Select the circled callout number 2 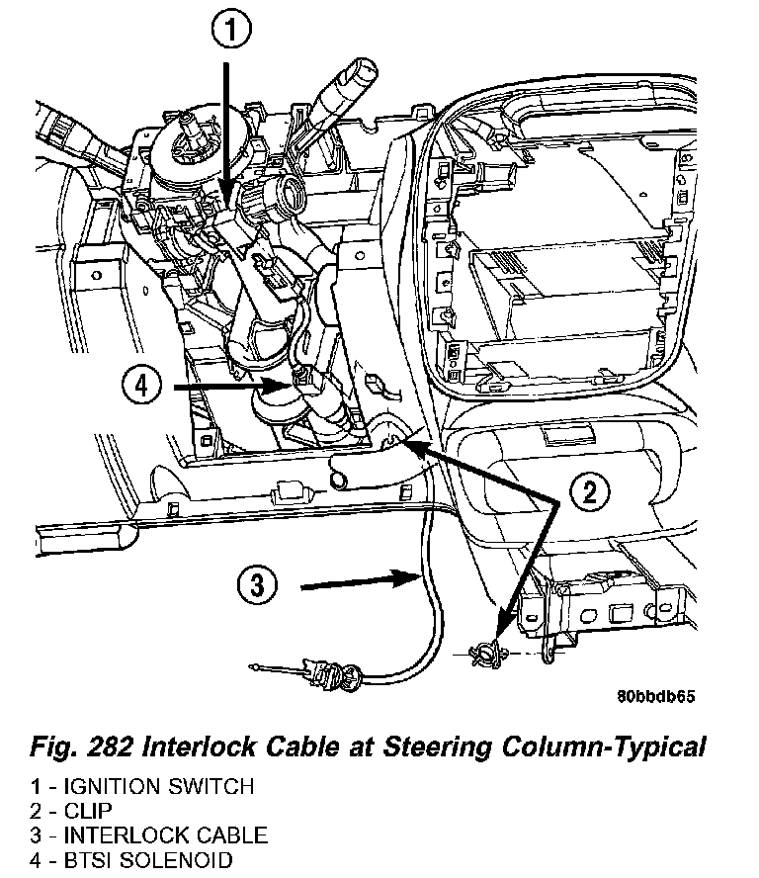[x=590, y=491]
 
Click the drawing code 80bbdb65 [x=656, y=695]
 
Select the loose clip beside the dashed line [x=487, y=654]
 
